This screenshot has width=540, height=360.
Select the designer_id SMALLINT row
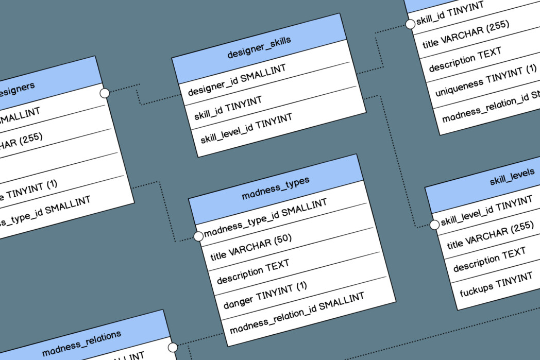[237, 80]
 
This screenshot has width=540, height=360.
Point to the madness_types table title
[275, 189]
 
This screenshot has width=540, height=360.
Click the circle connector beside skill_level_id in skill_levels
[434, 224]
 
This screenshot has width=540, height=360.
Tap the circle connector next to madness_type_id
[198, 236]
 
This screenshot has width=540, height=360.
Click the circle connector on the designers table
[105, 93]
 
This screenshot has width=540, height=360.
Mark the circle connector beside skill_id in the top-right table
[410, 24]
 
